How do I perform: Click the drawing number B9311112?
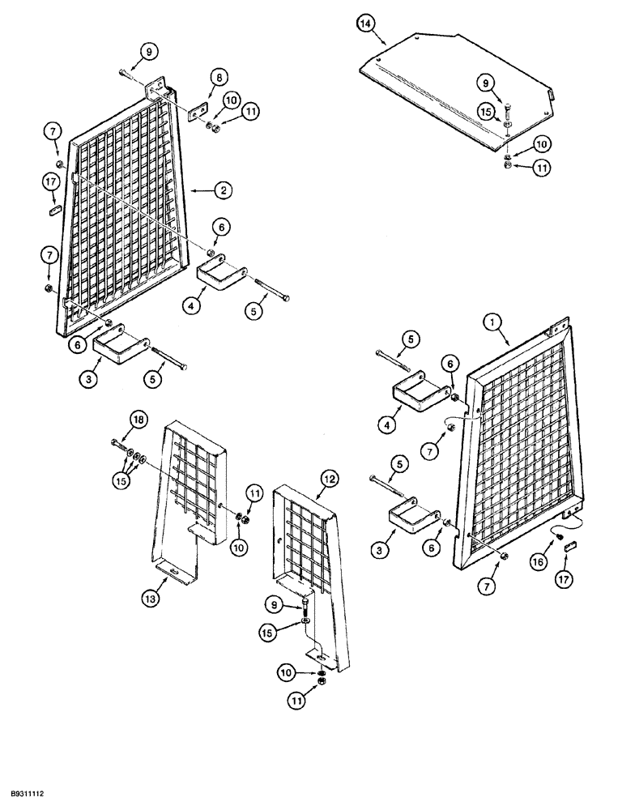tap(35, 796)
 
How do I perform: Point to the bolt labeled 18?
tap(120, 443)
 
